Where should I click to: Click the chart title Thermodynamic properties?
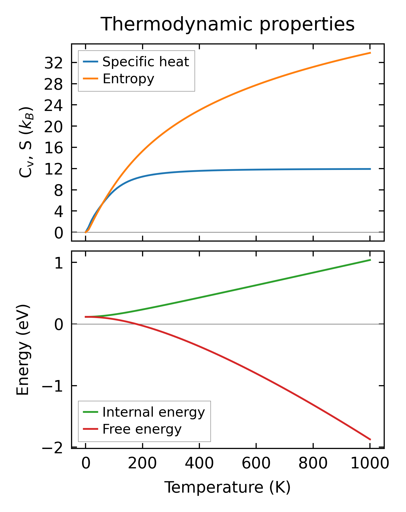pos(228,25)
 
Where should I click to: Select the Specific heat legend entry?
pos(146,62)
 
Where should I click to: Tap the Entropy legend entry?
pos(128,79)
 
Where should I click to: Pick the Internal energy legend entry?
pos(153,412)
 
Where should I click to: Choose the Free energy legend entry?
pos(142,429)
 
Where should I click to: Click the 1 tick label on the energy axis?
pos(58,264)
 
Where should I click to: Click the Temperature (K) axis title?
pos(228,487)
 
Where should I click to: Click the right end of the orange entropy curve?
pos(370,53)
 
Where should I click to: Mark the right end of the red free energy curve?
pos(370,440)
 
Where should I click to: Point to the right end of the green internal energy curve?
pos(370,260)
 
